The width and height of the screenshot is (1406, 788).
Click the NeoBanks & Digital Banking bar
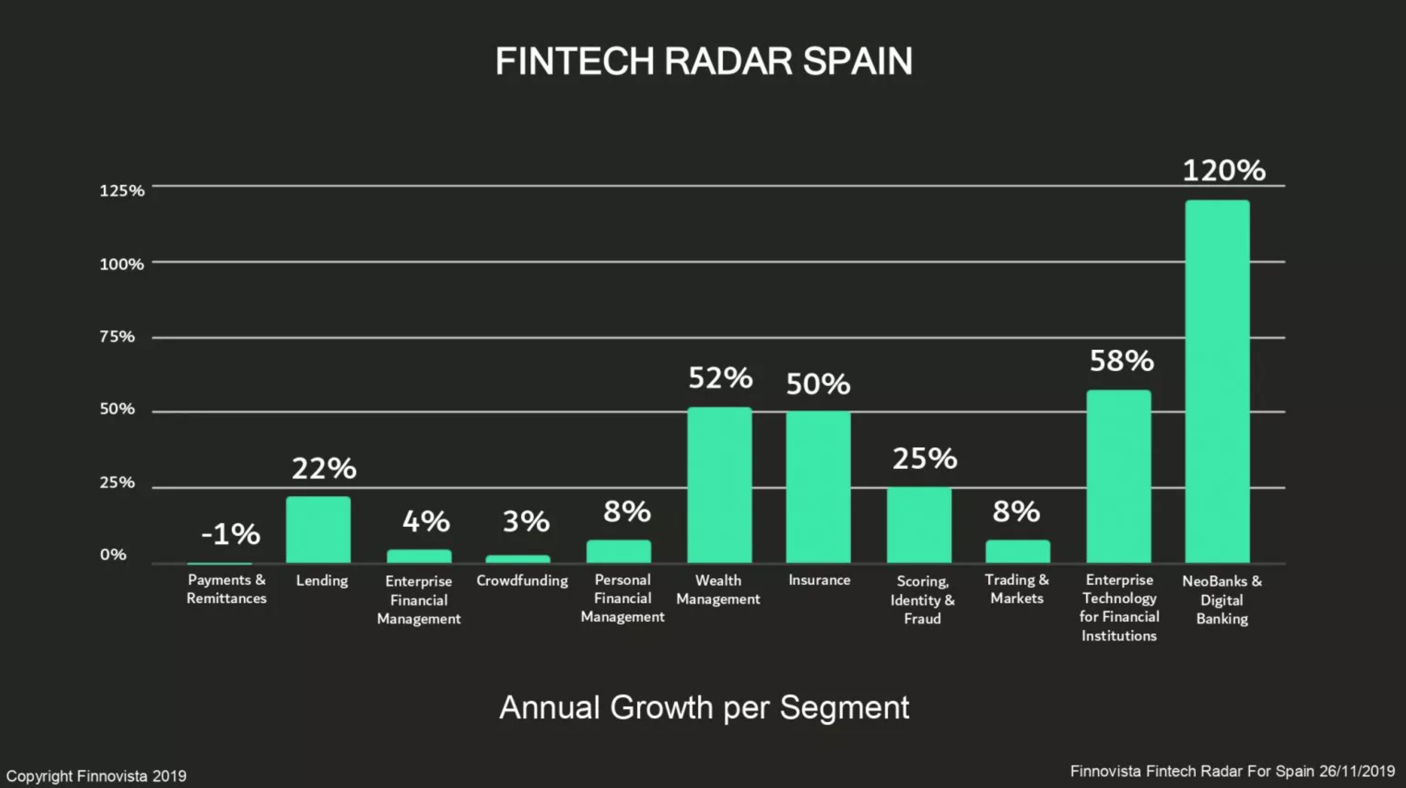(x=1217, y=382)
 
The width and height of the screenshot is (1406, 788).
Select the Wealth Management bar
(x=720, y=486)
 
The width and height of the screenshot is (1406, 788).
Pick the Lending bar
(x=318, y=530)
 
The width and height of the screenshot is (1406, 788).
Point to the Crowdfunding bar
(x=517, y=559)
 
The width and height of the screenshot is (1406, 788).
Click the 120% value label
(x=1224, y=170)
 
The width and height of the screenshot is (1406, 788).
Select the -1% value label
(x=230, y=534)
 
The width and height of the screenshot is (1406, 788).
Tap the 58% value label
(x=1121, y=361)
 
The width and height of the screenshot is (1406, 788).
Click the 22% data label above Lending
(x=324, y=468)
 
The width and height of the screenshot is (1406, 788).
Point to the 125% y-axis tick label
(x=122, y=190)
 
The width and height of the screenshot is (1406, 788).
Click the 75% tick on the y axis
(x=117, y=336)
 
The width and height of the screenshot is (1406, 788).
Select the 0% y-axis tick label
(x=113, y=554)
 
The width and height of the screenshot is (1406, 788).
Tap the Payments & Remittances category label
(x=227, y=589)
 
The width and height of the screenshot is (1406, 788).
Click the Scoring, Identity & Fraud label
(x=922, y=600)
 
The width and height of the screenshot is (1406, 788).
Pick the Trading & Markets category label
(x=1016, y=589)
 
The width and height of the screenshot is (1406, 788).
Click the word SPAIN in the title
(x=857, y=60)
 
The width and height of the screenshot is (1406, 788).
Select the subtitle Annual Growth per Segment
(x=704, y=707)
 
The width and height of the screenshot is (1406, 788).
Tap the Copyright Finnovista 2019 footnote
(x=96, y=776)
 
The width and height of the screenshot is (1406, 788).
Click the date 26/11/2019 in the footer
(x=1357, y=771)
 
